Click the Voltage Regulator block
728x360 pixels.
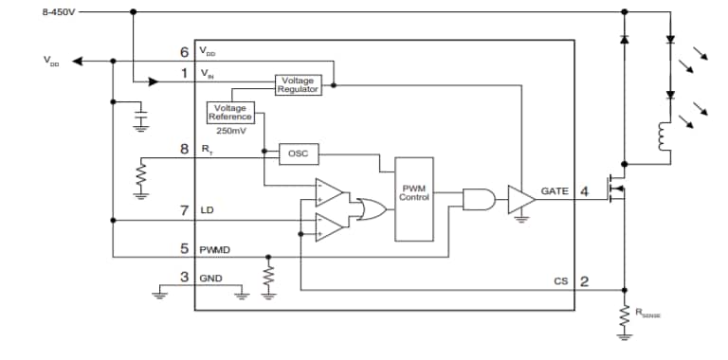coord(298,84)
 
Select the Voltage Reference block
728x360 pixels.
coord(230,112)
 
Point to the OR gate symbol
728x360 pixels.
coord(368,208)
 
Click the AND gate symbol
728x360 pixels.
coord(476,199)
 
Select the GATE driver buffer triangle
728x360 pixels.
coord(521,199)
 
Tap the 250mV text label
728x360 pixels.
coord(231,130)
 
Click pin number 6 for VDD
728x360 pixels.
coord(184,51)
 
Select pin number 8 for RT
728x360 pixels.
coord(184,149)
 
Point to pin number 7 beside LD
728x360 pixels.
coord(184,208)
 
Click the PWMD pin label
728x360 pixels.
coord(216,250)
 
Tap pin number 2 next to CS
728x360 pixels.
coord(585,281)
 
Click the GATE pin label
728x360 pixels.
coord(555,191)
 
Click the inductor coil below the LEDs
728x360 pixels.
coord(661,137)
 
